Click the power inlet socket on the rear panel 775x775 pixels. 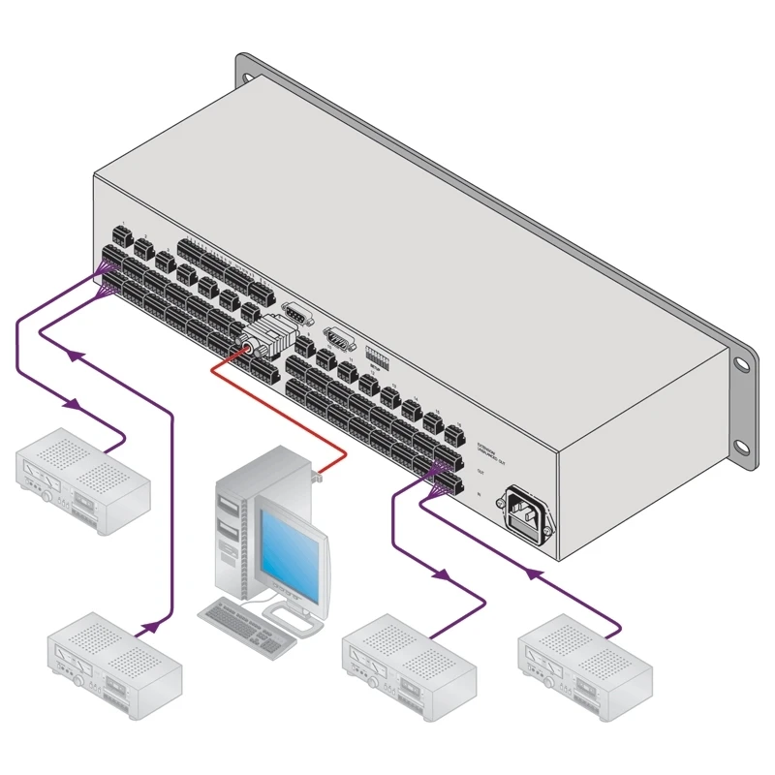tap(522, 511)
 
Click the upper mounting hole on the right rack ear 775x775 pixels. tap(740, 365)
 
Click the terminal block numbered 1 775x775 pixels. tap(121, 235)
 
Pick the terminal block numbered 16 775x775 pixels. tap(452, 432)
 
